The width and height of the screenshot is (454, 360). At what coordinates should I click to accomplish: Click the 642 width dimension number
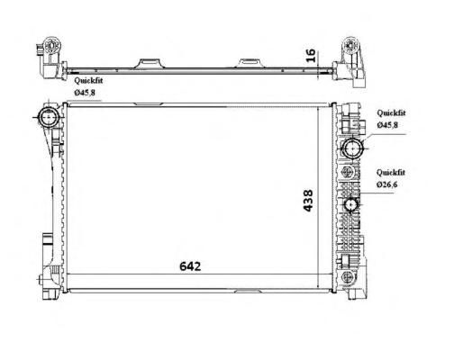click(x=190, y=266)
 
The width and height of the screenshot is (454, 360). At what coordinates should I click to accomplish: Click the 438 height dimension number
click(x=308, y=201)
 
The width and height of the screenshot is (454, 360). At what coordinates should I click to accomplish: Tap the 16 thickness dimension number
click(x=311, y=56)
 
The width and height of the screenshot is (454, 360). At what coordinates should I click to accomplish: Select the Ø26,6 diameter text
click(x=387, y=184)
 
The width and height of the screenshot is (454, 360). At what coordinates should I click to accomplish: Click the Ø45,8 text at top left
click(x=85, y=93)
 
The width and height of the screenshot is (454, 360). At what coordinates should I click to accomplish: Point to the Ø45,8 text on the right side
click(x=387, y=125)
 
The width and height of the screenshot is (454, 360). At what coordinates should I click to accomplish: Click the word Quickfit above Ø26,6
click(x=391, y=173)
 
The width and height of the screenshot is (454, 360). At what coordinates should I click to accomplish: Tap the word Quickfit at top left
click(x=88, y=81)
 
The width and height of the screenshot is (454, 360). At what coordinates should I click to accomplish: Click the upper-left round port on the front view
click(x=48, y=117)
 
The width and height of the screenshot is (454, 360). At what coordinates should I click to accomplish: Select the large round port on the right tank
click(x=353, y=148)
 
